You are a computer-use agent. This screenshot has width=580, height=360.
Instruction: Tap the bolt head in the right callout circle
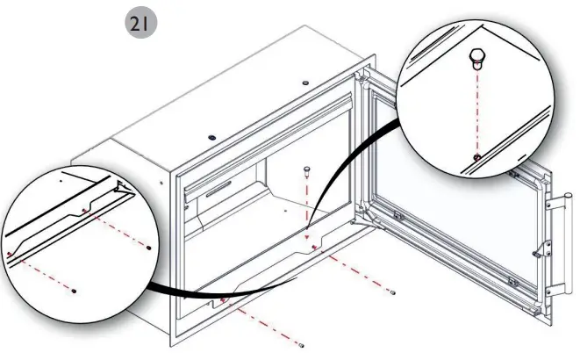tap(476, 59)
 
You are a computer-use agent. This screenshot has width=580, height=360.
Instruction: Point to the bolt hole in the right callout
tap(476, 156)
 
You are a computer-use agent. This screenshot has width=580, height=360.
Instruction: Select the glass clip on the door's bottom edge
tap(512, 283)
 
